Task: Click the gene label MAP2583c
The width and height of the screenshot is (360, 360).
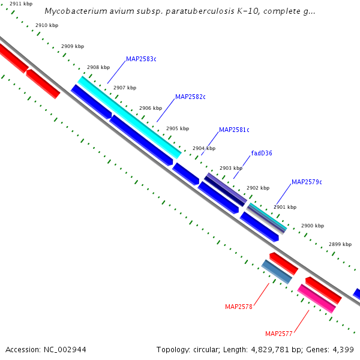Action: point(141,59)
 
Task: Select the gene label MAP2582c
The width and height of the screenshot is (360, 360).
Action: point(190,97)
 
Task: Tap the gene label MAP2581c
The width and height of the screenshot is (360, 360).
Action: point(234,130)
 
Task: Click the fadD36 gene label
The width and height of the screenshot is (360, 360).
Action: point(262,153)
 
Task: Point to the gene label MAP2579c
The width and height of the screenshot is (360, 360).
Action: point(307,182)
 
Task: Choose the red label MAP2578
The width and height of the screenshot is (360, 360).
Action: point(239,307)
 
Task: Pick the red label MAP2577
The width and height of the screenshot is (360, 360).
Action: point(279,334)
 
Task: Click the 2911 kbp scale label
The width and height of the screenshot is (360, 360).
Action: point(21,4)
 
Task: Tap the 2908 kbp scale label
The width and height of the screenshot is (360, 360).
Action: point(98,68)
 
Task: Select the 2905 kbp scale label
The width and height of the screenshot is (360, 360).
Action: point(177,128)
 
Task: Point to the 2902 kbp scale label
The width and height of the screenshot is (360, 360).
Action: point(258,188)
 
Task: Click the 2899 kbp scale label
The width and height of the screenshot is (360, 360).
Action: point(340,244)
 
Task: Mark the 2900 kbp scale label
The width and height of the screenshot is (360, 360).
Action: point(313,226)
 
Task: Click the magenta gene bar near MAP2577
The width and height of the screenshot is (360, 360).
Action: point(316,298)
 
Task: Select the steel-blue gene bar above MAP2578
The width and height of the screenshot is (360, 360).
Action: point(277,272)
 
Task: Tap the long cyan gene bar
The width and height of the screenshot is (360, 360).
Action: point(129,117)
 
